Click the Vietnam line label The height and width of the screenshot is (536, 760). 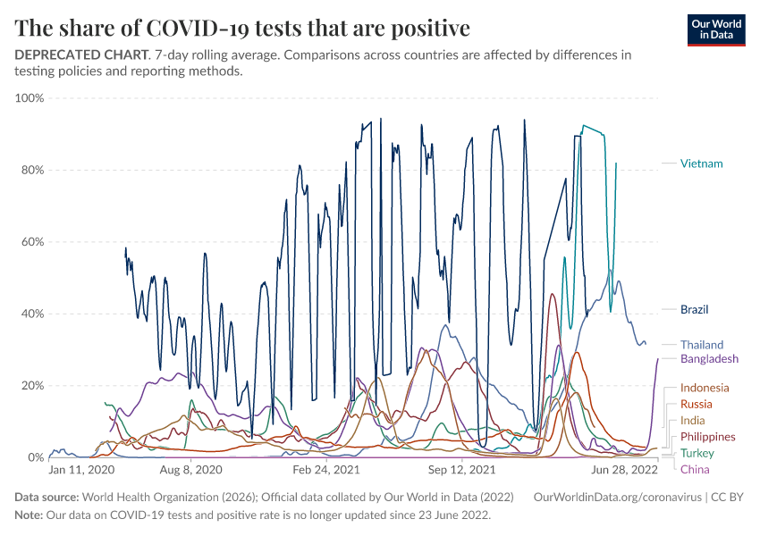tap(701, 163)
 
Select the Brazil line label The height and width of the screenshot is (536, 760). tap(694, 310)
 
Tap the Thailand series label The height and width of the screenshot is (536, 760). tap(702, 345)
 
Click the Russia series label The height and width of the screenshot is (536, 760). tap(697, 404)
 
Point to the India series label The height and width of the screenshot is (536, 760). tap(692, 421)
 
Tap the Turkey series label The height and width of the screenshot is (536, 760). tap(697, 454)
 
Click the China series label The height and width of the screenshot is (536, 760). tap(694, 470)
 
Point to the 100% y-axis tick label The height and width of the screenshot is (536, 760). tap(30, 97)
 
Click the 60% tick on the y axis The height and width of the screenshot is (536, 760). tap(32, 241)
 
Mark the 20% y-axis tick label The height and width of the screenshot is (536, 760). tap(32, 385)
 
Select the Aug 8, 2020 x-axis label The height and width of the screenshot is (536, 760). tap(190, 469)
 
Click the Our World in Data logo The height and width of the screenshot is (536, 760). tap(716, 29)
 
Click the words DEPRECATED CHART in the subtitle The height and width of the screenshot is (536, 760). tap(80, 54)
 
